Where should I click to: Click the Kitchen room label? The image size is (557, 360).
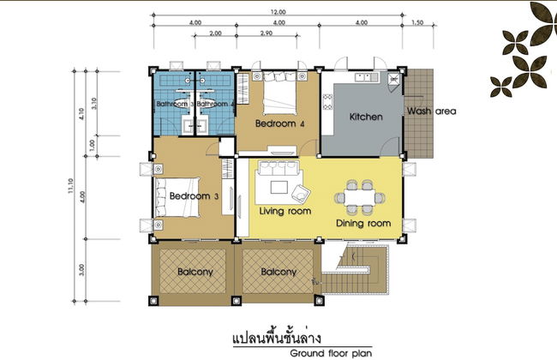pos(365,116)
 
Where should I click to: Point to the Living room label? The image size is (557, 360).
pos(284,211)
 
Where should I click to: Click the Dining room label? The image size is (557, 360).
pos(364,224)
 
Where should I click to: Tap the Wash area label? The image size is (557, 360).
pos(432,111)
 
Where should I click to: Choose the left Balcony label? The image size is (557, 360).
pos(195,273)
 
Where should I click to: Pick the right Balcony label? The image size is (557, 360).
pos(278,273)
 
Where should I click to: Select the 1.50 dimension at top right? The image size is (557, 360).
pos(416,22)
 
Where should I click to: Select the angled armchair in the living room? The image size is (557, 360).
pos(303,190)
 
